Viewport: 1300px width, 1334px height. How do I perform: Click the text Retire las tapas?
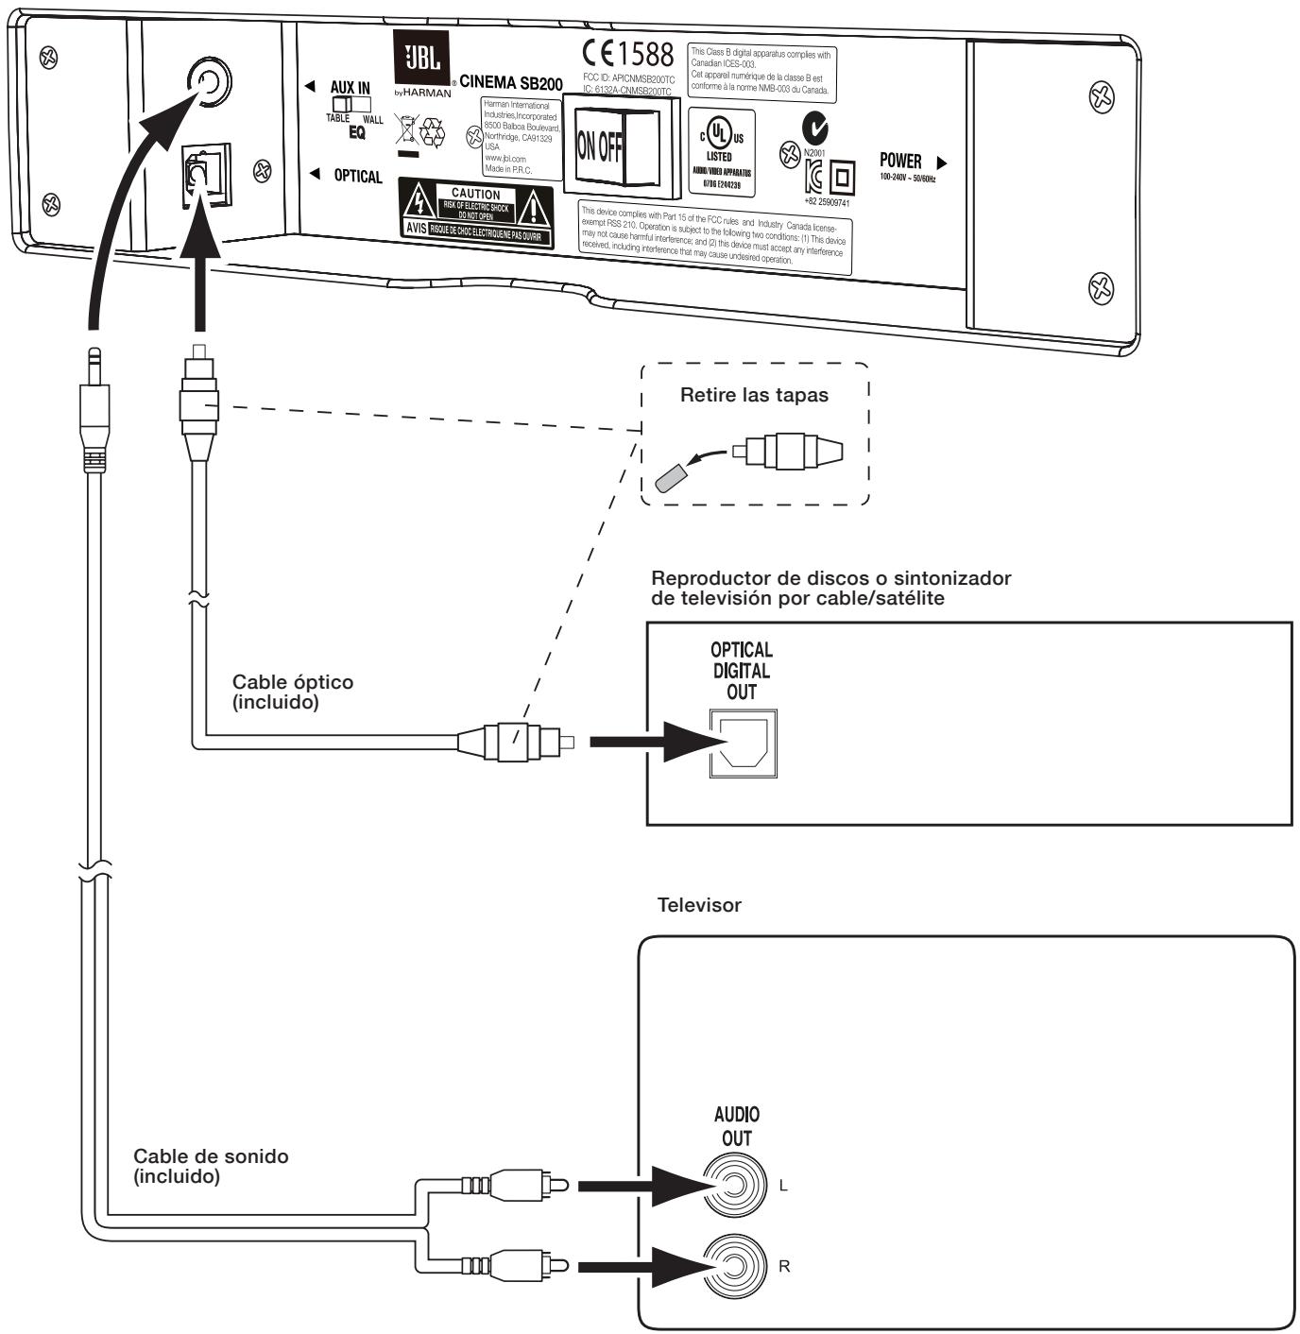pyautogui.click(x=754, y=396)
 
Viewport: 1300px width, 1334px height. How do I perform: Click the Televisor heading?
pyautogui.click(x=699, y=905)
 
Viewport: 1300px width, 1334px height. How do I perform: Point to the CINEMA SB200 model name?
pyautogui.click(x=511, y=84)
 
